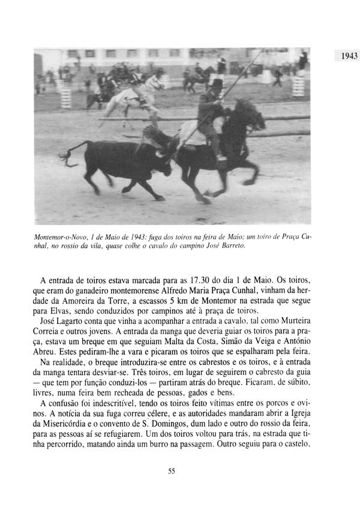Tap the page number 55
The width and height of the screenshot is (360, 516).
pos(172,471)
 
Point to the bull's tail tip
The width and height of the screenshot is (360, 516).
pos(63,157)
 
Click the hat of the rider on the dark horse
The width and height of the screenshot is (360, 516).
pos(216,83)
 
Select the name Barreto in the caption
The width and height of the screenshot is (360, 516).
pos(232,246)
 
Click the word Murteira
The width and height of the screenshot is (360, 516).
pos(290,322)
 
